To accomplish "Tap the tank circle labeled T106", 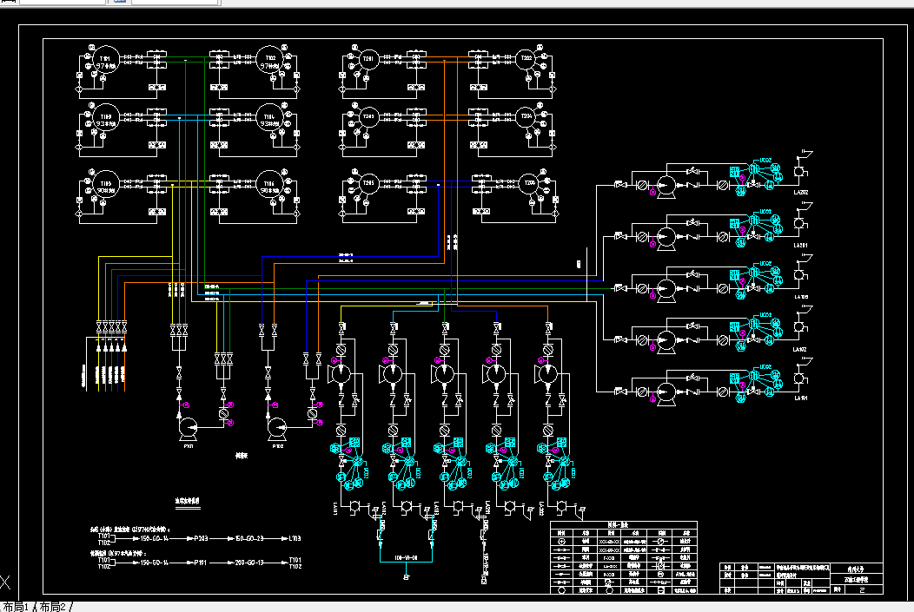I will [x=270, y=188].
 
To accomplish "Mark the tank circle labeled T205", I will [x=368, y=186].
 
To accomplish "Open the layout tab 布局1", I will [x=17, y=606].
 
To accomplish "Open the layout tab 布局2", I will [x=52, y=606].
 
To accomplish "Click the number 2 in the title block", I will [x=861, y=589].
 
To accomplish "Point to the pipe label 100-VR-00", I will [x=407, y=557].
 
